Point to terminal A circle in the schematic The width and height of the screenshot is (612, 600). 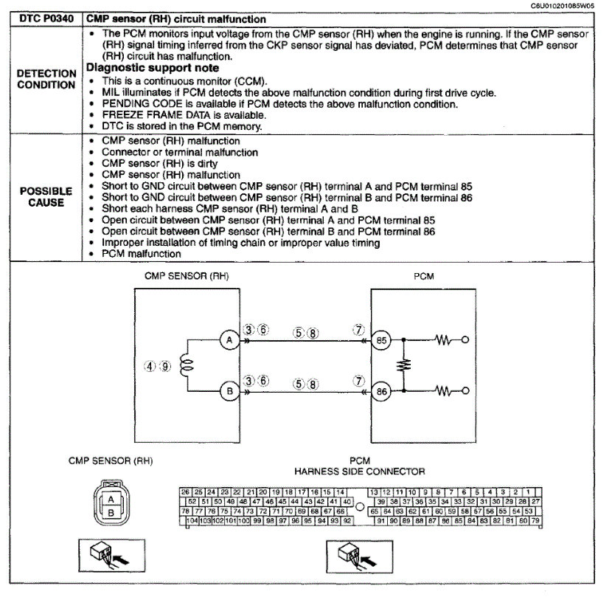(x=229, y=340)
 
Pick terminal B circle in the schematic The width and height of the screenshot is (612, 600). (x=229, y=391)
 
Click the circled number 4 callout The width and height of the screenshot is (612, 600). (x=149, y=366)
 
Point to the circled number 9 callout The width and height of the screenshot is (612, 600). (x=165, y=366)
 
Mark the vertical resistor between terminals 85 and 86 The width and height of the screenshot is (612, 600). (x=404, y=365)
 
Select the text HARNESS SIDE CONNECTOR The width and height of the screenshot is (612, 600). (x=359, y=471)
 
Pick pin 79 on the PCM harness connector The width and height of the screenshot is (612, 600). (x=536, y=521)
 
